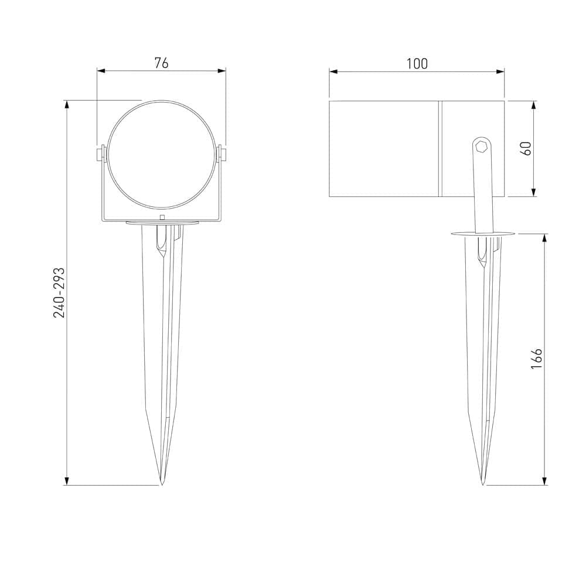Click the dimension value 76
[161, 63]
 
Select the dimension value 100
[417, 63]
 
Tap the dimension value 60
[526, 148]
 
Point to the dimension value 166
[536, 359]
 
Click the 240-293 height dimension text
[59, 292]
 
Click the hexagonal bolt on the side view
[481, 146]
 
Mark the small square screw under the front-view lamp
[162, 217]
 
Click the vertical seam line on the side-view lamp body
[439, 148]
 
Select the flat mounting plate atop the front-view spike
[162, 223]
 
